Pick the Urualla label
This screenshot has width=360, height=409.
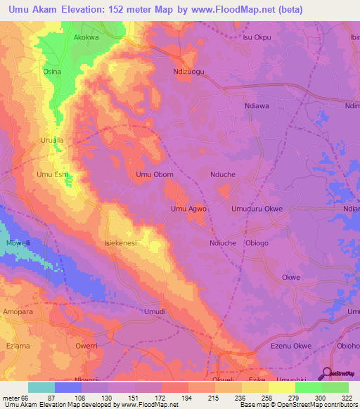point(51,140)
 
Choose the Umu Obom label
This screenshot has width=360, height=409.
point(154,174)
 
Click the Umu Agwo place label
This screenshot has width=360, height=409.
point(188,209)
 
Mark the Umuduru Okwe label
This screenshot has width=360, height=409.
point(257,209)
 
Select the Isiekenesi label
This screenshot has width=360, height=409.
point(120,243)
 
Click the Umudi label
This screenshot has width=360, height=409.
point(155,311)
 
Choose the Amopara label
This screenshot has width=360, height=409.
point(18,311)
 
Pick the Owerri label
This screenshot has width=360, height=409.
point(86,346)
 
